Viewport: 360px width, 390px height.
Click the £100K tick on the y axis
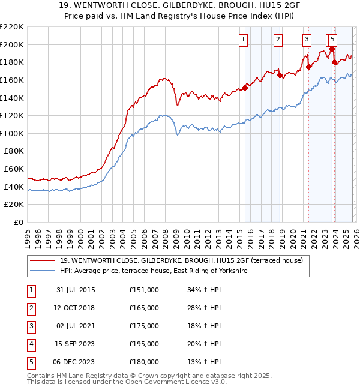tap(12, 133)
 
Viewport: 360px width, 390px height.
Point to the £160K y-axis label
tap(12, 80)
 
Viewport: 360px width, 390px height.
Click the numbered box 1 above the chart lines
tap(243, 40)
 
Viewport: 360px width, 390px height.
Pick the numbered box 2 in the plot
tap(278, 40)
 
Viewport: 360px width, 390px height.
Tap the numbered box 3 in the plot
tap(307, 40)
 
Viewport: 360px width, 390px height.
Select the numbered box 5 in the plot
tap(332, 40)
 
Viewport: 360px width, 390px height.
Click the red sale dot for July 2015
tap(245, 88)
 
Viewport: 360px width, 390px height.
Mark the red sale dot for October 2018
tap(280, 75)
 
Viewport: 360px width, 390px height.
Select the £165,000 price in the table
tap(143, 308)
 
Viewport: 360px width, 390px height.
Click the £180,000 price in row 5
tap(143, 362)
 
